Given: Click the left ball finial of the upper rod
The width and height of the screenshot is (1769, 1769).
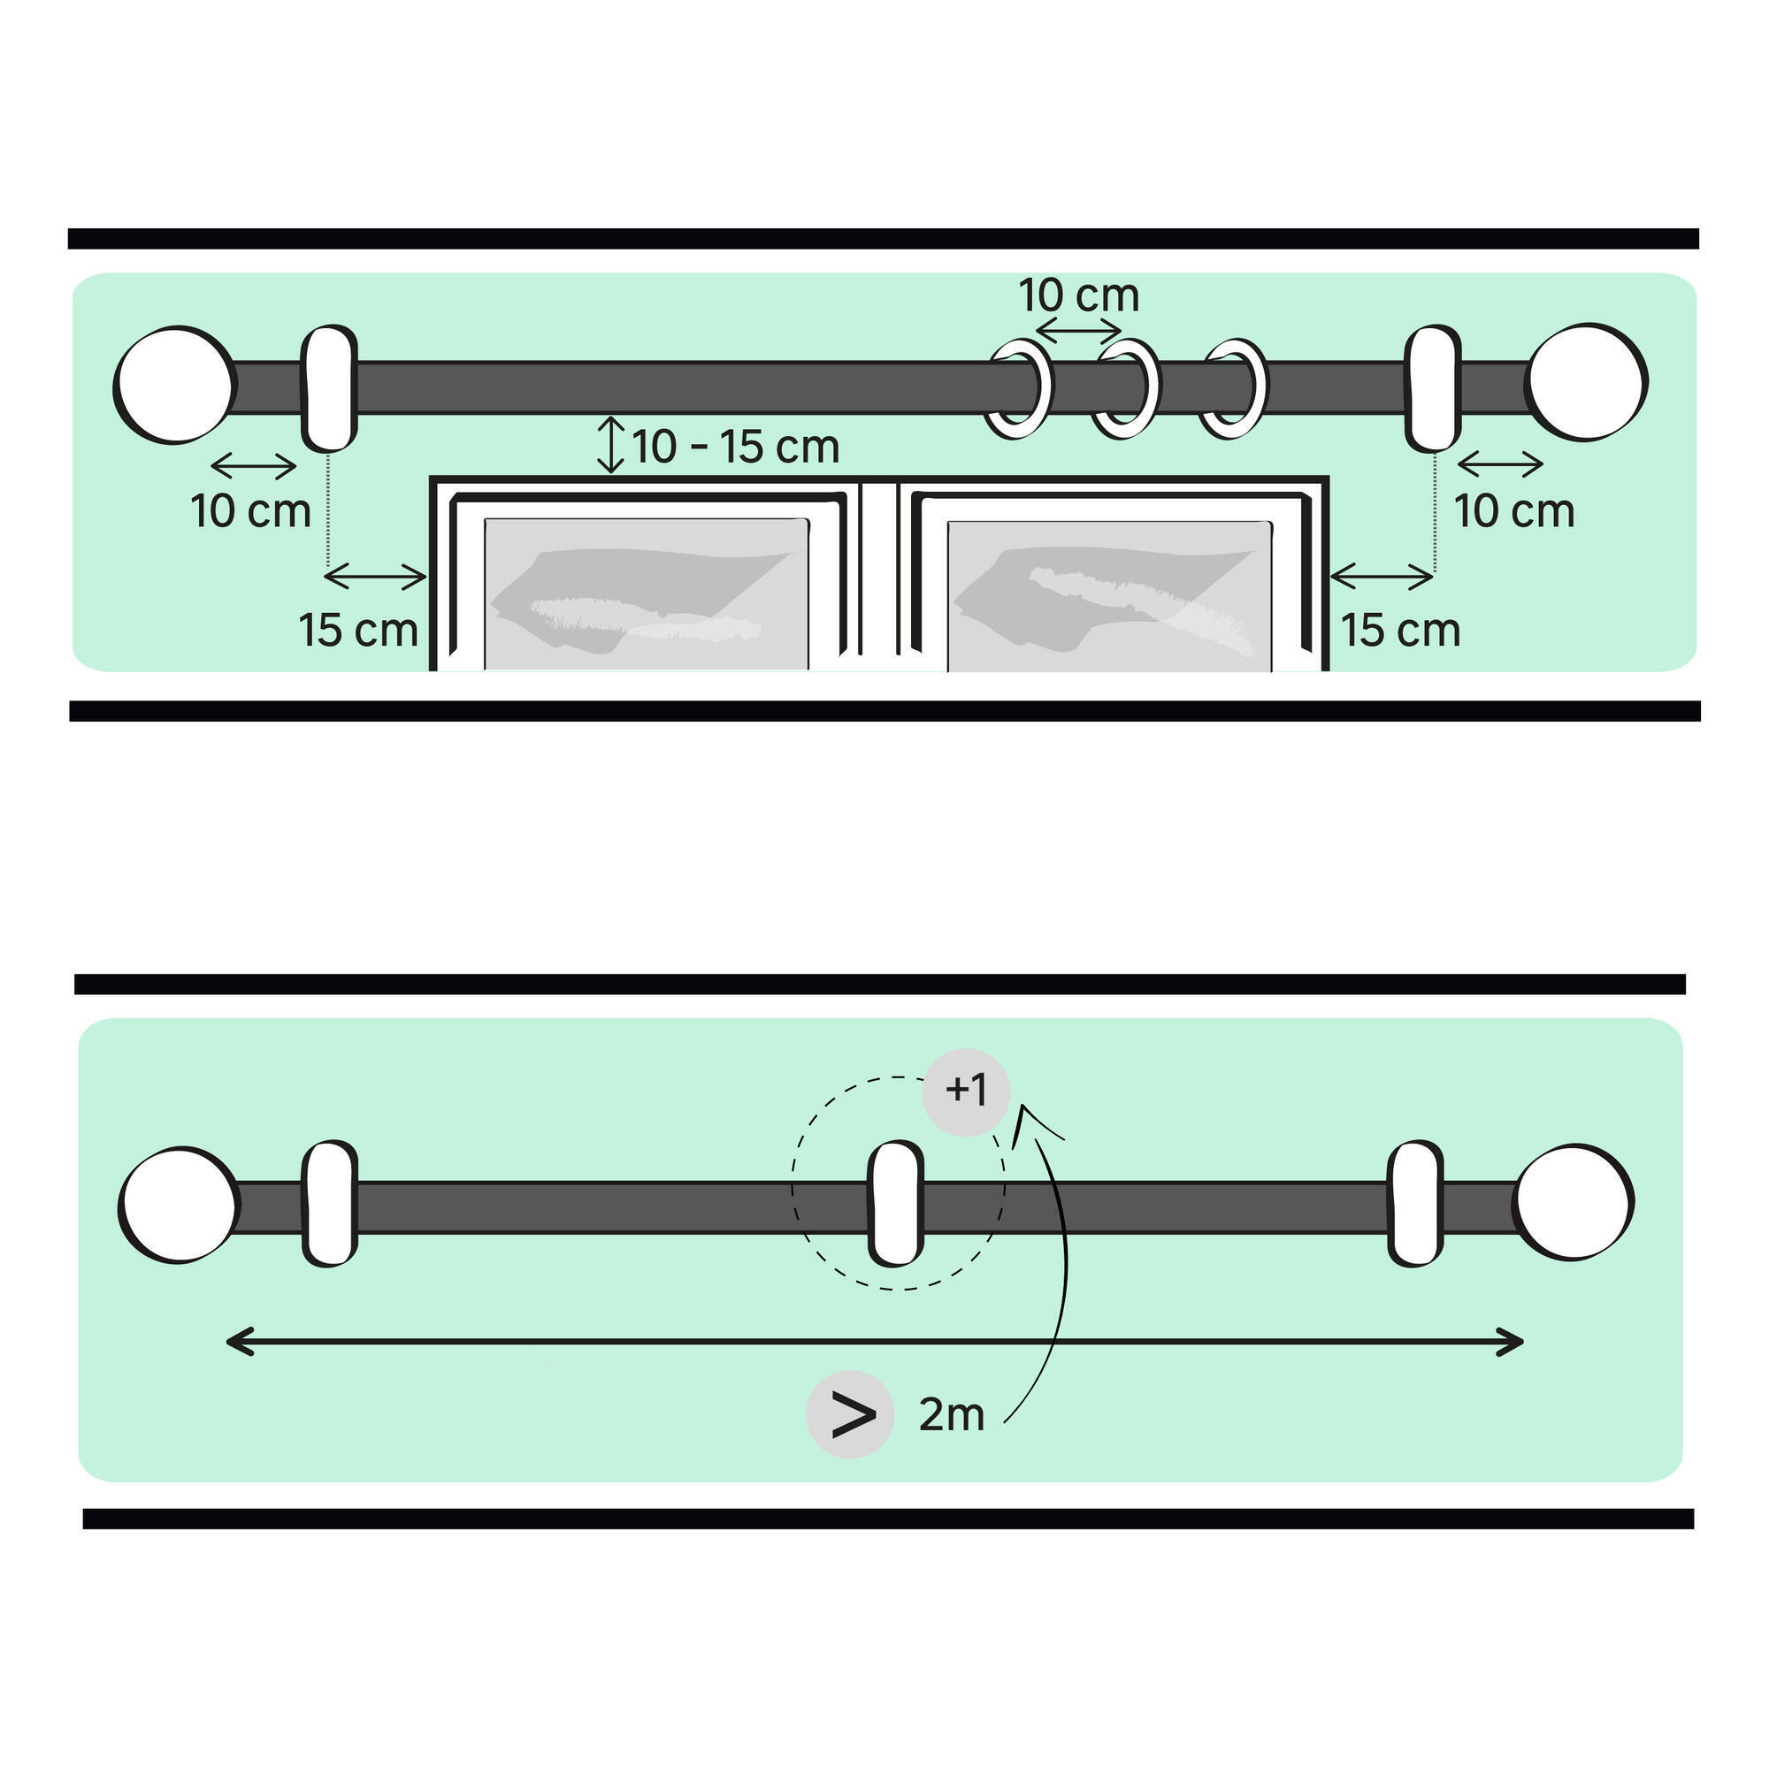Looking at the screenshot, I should [x=173, y=386].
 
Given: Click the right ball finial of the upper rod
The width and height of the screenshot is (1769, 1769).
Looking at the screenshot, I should [x=1588, y=383].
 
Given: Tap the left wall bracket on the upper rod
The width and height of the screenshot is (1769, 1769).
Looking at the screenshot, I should [x=329, y=387].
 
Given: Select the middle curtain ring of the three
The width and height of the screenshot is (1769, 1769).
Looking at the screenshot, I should [x=1127, y=389].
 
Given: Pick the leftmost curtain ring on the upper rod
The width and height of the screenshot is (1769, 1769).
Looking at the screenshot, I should [x=1019, y=389].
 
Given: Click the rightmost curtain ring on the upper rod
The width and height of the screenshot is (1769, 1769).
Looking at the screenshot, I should [x=1234, y=389].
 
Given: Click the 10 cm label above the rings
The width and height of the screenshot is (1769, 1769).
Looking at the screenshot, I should [x=1078, y=295].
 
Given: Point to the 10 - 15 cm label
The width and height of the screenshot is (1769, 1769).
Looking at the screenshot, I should [x=735, y=447].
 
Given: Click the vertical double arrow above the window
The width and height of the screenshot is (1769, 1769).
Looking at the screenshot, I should [x=610, y=445].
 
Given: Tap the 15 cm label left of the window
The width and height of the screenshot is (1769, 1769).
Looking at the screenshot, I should [x=358, y=630].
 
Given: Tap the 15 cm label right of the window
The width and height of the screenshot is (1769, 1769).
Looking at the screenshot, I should [x=1400, y=630].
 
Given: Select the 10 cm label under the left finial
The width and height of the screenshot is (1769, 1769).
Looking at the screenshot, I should [x=251, y=511].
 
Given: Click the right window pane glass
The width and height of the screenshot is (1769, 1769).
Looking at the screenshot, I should [x=1109, y=595].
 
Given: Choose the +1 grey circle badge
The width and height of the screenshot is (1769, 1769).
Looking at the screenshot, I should [x=966, y=1091].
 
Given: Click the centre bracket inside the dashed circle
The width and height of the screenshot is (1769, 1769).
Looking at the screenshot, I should [x=894, y=1203].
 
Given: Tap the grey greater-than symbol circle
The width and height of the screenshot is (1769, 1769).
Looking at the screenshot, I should [x=851, y=1414].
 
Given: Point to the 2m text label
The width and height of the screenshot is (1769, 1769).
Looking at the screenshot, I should [x=952, y=1415].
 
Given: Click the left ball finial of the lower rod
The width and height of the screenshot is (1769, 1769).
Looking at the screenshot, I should [x=179, y=1205].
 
